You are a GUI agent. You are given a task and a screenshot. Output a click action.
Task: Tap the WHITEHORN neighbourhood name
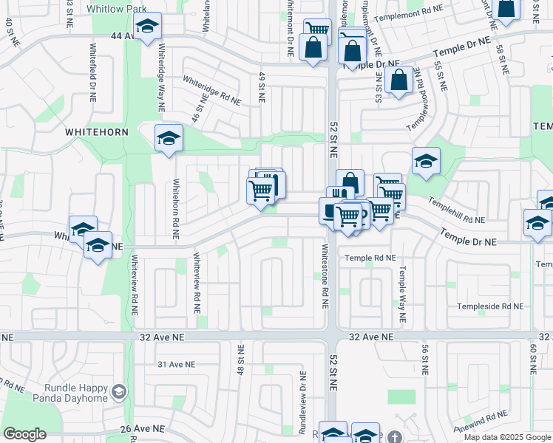pos(97,132)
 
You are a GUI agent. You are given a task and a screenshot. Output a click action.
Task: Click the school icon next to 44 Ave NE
pos(147,28)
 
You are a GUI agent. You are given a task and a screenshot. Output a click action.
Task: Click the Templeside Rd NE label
pos(489,306)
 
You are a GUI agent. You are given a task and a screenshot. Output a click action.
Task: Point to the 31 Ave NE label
pos(176,365)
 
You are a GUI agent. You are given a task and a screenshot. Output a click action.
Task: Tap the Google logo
pos(25,434)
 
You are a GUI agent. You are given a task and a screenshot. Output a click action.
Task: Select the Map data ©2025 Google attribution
pos(507,437)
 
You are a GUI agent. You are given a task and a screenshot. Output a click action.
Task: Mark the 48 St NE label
pos(241,359)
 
